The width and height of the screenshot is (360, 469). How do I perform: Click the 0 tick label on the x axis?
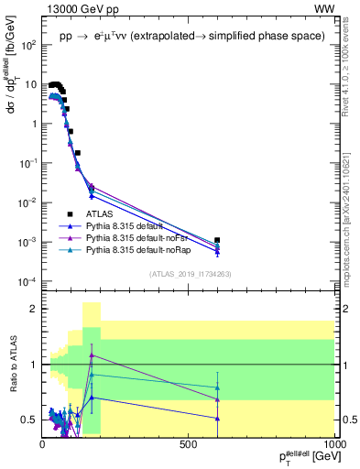42,443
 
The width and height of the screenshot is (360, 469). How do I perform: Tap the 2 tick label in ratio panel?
34,310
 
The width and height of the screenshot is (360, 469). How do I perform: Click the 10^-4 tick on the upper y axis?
27,280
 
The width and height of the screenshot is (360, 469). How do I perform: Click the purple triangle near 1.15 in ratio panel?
92,355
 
